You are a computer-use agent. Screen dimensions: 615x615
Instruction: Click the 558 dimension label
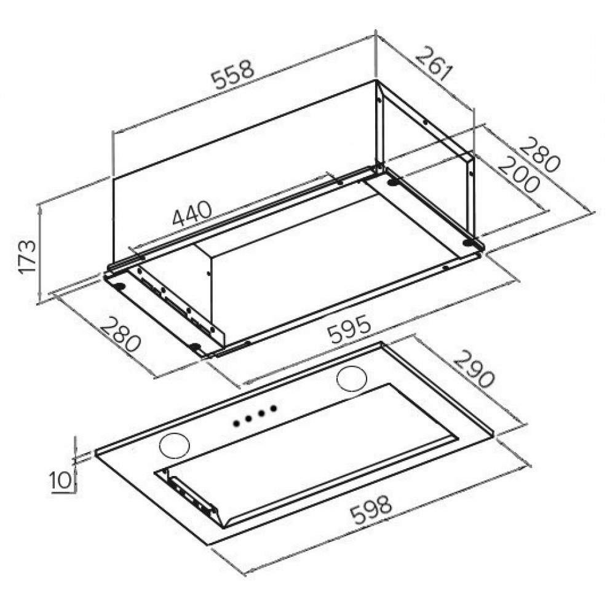click(x=233, y=75)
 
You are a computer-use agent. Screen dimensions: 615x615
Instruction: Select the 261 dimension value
click(x=434, y=63)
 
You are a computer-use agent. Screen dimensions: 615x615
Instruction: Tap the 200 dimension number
click(x=518, y=174)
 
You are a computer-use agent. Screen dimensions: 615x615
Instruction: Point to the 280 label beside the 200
click(x=539, y=154)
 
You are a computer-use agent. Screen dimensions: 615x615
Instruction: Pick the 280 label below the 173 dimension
click(x=120, y=334)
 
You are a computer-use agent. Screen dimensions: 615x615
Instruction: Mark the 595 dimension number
click(x=349, y=328)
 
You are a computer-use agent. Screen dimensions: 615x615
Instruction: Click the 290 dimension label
click(x=474, y=369)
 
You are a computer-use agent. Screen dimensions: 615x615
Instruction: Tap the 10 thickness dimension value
click(x=60, y=480)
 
